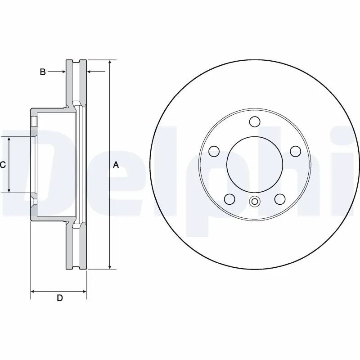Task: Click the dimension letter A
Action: [x=116, y=165]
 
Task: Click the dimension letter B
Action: [x=43, y=72]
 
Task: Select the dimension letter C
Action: [x=3, y=165]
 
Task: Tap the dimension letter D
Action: [x=59, y=297]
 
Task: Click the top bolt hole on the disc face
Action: [x=255, y=121]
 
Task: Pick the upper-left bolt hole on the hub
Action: [x=214, y=151]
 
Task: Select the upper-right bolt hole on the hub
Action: [x=295, y=151]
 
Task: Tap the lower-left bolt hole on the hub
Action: [x=229, y=198]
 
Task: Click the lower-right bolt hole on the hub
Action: [x=280, y=198]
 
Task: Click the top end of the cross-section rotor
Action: [x=76, y=61]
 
